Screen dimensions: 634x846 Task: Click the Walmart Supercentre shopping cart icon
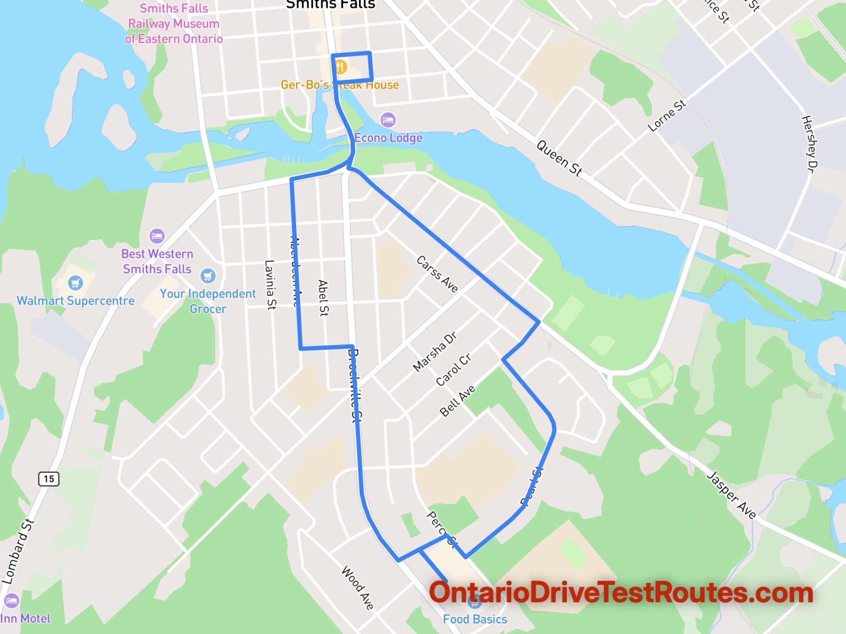pos(76,283)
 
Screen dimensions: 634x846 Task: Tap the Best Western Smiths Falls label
pos(157,262)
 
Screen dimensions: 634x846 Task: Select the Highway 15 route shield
pos(49,479)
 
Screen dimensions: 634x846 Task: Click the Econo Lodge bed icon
pos(388,119)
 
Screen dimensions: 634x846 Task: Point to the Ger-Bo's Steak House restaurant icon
pos(341,67)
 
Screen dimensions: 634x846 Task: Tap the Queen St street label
pos(559,157)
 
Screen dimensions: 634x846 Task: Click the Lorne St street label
pos(667,115)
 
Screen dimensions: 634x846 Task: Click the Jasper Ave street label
pos(732,495)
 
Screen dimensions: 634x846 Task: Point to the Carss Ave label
pos(437,274)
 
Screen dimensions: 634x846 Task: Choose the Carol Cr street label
pos(453,370)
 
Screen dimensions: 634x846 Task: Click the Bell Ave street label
pos(458,401)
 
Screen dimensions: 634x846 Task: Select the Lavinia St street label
pos(270,285)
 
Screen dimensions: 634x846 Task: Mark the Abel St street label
pos(323,298)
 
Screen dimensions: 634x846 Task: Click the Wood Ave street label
pos(358,587)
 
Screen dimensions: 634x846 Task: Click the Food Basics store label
pos(475,619)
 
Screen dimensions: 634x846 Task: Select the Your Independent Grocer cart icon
pos(208,275)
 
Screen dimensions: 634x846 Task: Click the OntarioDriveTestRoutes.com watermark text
pos(621,593)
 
